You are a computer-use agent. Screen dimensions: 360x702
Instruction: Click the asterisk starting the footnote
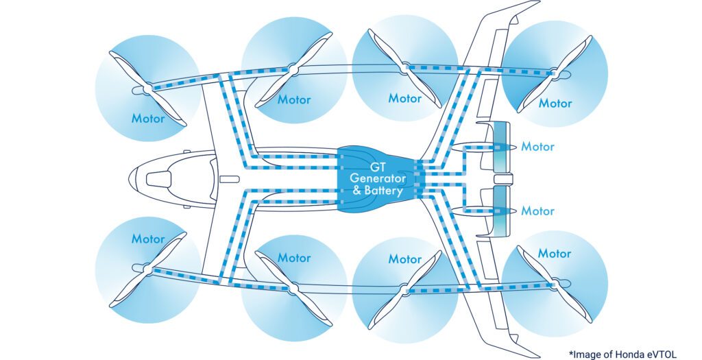[570, 352]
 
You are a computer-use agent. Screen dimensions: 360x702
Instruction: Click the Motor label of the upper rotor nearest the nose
[148, 118]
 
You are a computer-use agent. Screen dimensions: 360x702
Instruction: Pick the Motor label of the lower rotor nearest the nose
[148, 239]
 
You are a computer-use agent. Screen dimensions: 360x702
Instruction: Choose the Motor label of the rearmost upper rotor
[555, 104]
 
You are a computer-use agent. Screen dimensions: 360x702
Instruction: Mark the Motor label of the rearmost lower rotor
[555, 254]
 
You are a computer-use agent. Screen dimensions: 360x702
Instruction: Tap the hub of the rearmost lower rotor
[554, 283]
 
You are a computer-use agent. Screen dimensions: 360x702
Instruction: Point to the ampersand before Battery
[356, 191]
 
